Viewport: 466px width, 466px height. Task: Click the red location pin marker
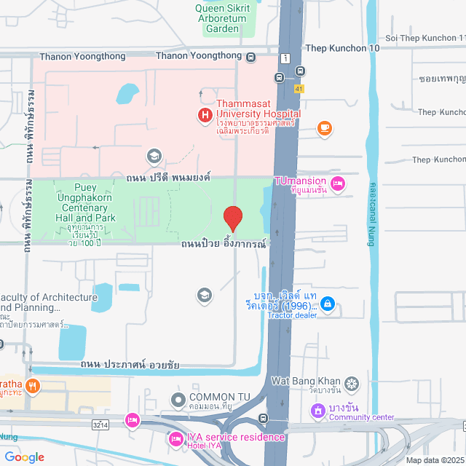click(x=232, y=218)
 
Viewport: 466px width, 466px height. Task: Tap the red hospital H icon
click(x=205, y=114)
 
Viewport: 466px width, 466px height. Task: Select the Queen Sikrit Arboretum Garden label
click(x=222, y=18)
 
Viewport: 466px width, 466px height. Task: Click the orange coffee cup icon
click(x=325, y=128)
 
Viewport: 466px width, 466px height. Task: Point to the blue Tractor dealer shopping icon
click(x=328, y=303)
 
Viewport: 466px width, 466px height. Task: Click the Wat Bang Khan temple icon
click(x=352, y=383)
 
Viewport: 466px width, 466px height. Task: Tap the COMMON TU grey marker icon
click(x=178, y=400)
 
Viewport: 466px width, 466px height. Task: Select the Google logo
click(x=23, y=457)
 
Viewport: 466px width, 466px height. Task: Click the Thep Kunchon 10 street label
click(x=343, y=47)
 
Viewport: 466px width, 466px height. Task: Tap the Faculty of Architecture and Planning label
click(x=49, y=302)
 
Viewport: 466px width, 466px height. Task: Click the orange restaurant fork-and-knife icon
click(x=31, y=386)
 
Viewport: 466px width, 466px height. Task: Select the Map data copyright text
click(x=434, y=460)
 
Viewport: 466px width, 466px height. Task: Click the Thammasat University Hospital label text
click(x=258, y=109)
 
